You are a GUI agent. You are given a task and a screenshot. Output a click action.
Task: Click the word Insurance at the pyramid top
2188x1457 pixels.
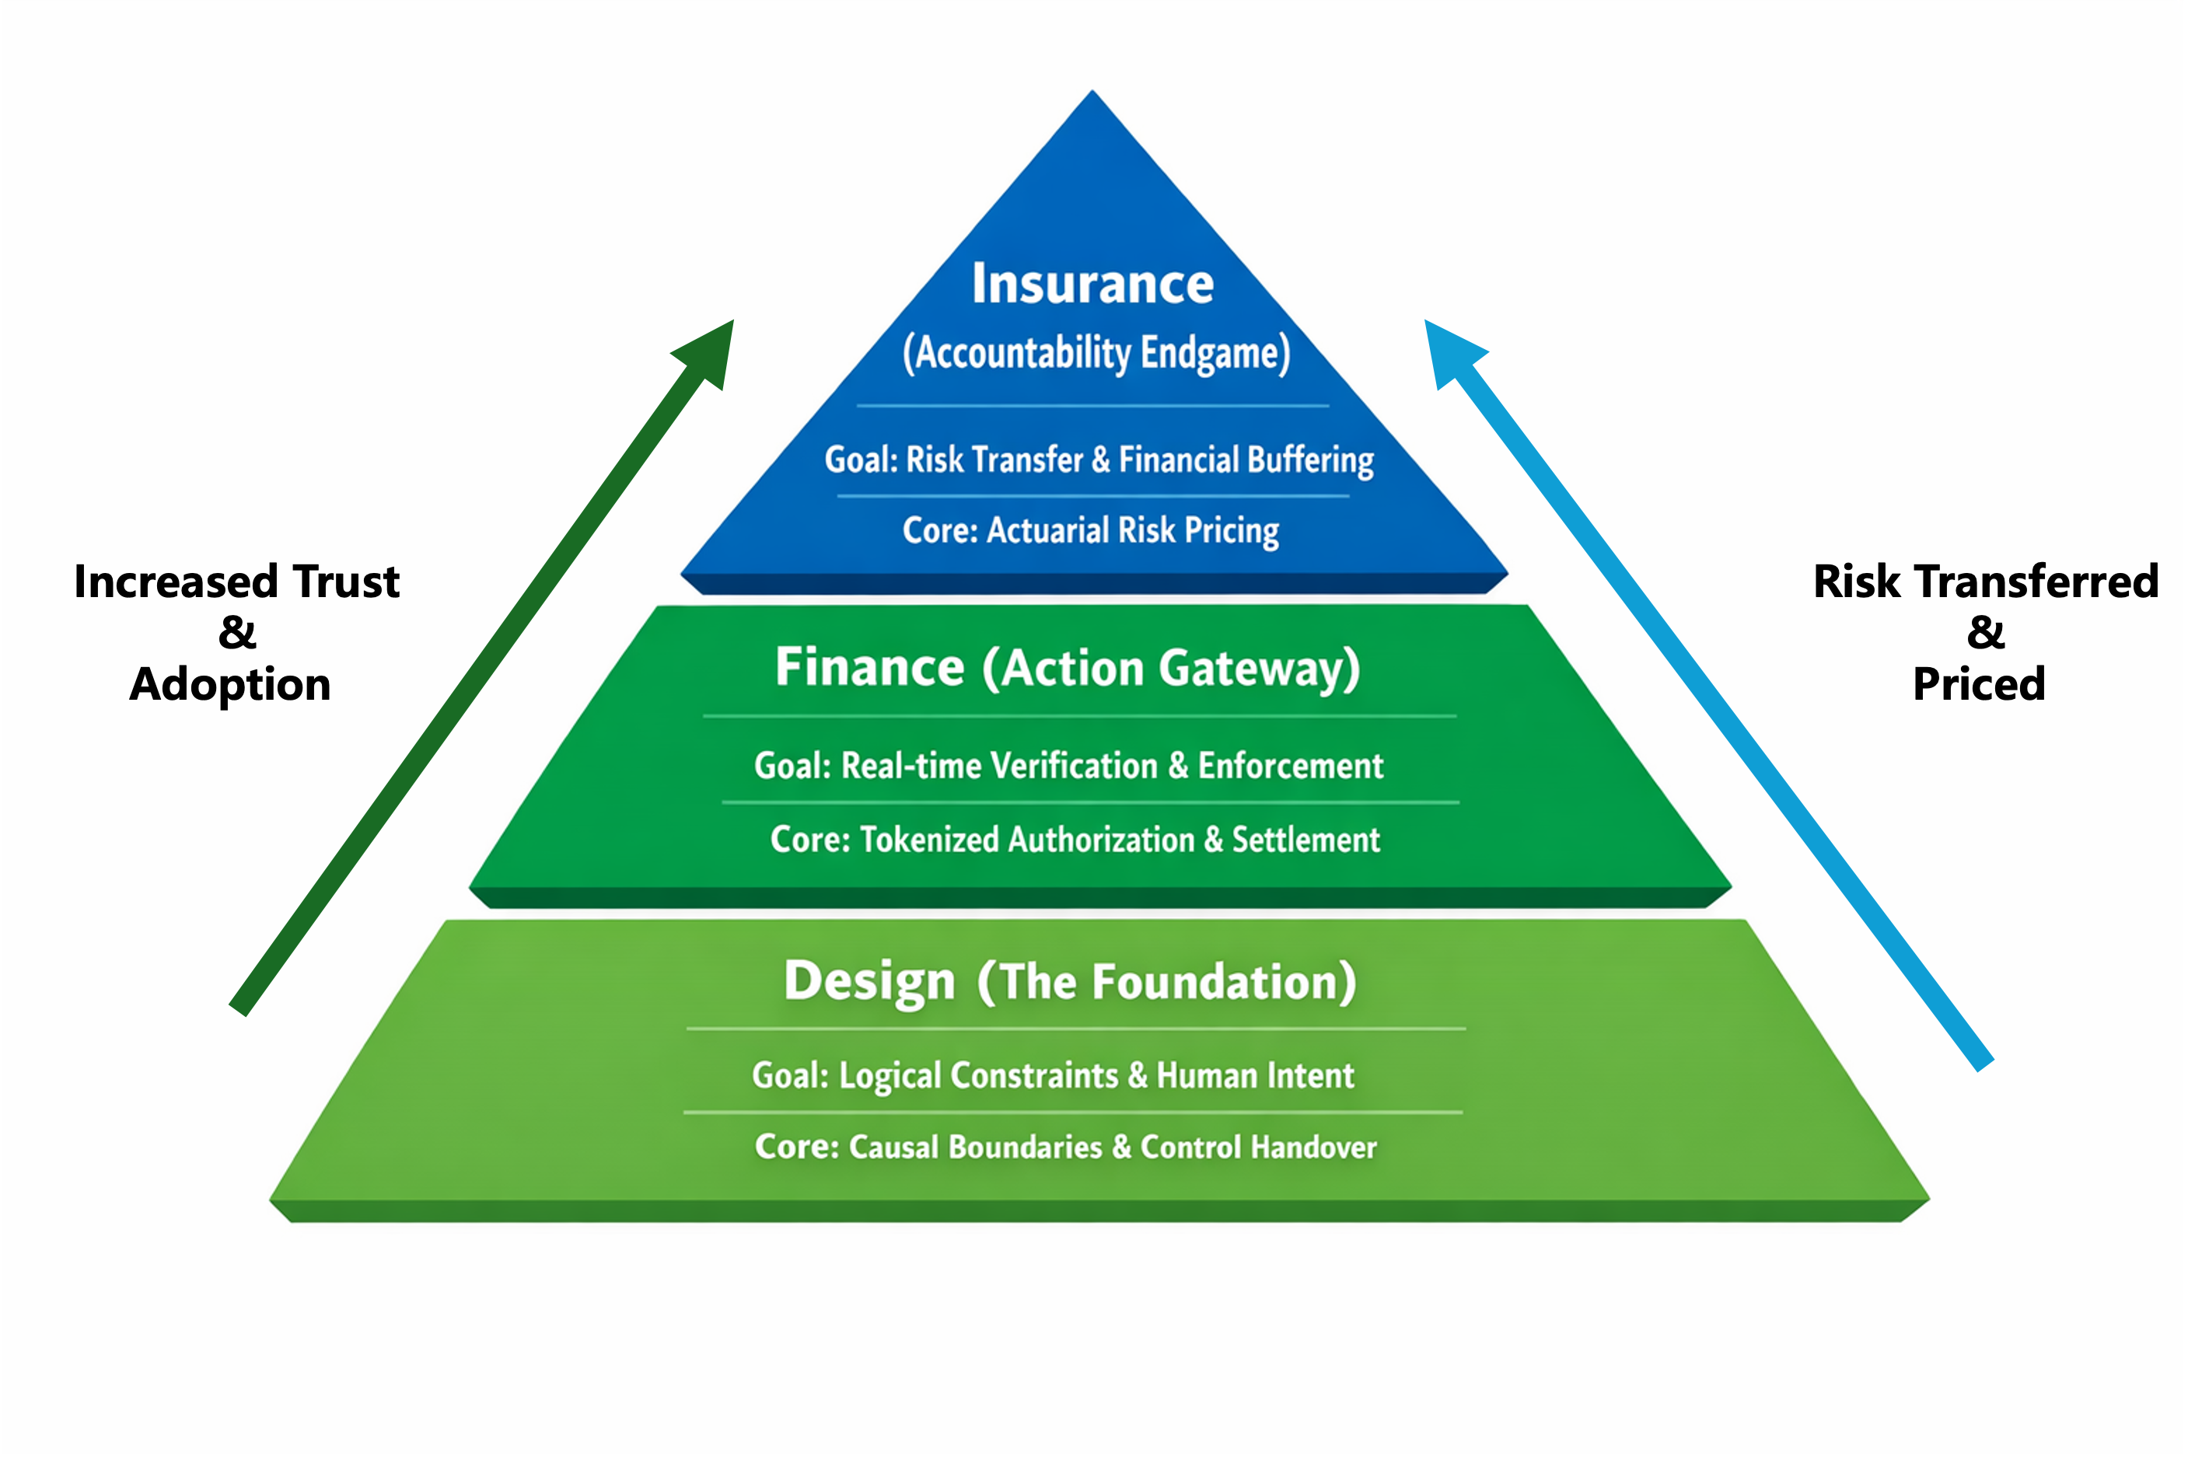(x=1092, y=284)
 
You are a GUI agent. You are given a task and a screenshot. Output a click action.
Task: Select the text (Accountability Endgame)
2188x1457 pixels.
(x=1096, y=353)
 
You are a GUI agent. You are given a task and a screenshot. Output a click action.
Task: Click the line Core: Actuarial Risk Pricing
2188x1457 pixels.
(x=1091, y=530)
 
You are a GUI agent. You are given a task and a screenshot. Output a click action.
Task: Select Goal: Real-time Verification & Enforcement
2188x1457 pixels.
(x=1068, y=766)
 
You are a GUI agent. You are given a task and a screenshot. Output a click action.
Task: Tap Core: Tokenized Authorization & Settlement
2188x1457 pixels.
(x=1075, y=840)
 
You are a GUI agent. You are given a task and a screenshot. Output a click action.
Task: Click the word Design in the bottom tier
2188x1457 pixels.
(x=869, y=981)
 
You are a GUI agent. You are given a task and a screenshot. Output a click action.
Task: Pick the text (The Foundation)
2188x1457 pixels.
(x=1166, y=982)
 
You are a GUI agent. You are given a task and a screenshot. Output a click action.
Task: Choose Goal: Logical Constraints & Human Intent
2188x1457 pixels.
(x=1053, y=1076)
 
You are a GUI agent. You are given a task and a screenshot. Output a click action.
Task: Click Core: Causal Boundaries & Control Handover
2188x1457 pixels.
(x=1066, y=1147)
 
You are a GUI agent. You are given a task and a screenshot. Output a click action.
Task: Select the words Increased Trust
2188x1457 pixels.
(x=237, y=582)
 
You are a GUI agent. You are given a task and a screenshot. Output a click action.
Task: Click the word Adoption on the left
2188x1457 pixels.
(x=230, y=685)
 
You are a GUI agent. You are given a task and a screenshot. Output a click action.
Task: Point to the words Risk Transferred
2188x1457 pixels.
(x=1986, y=582)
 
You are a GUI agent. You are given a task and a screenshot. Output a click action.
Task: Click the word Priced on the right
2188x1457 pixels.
(x=1979, y=685)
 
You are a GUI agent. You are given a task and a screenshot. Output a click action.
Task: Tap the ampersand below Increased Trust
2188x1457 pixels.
(x=237, y=633)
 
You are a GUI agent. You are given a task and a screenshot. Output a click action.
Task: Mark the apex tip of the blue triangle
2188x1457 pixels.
(x=1092, y=93)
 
